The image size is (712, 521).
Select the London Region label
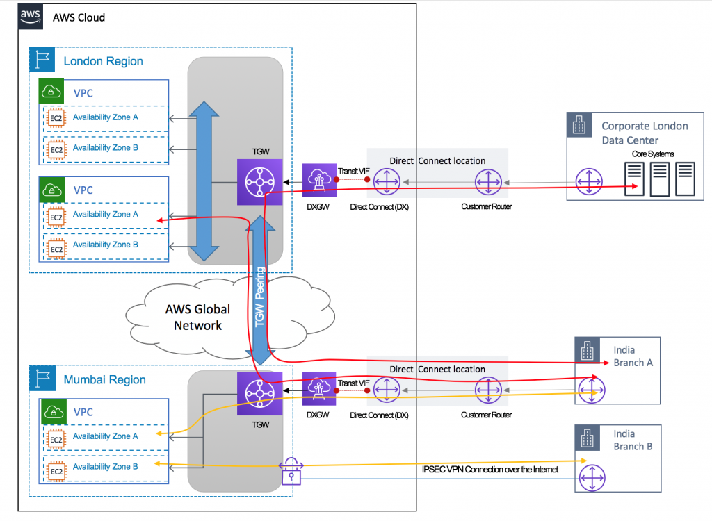[x=103, y=61]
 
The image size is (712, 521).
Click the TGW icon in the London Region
[x=259, y=182]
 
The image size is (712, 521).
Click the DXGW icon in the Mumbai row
[x=320, y=389]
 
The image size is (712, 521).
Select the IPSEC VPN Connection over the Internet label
[x=489, y=470]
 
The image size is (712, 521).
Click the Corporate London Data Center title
[x=644, y=133]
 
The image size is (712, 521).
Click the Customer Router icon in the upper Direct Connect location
[x=487, y=183]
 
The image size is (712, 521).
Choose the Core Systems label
[x=652, y=154]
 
